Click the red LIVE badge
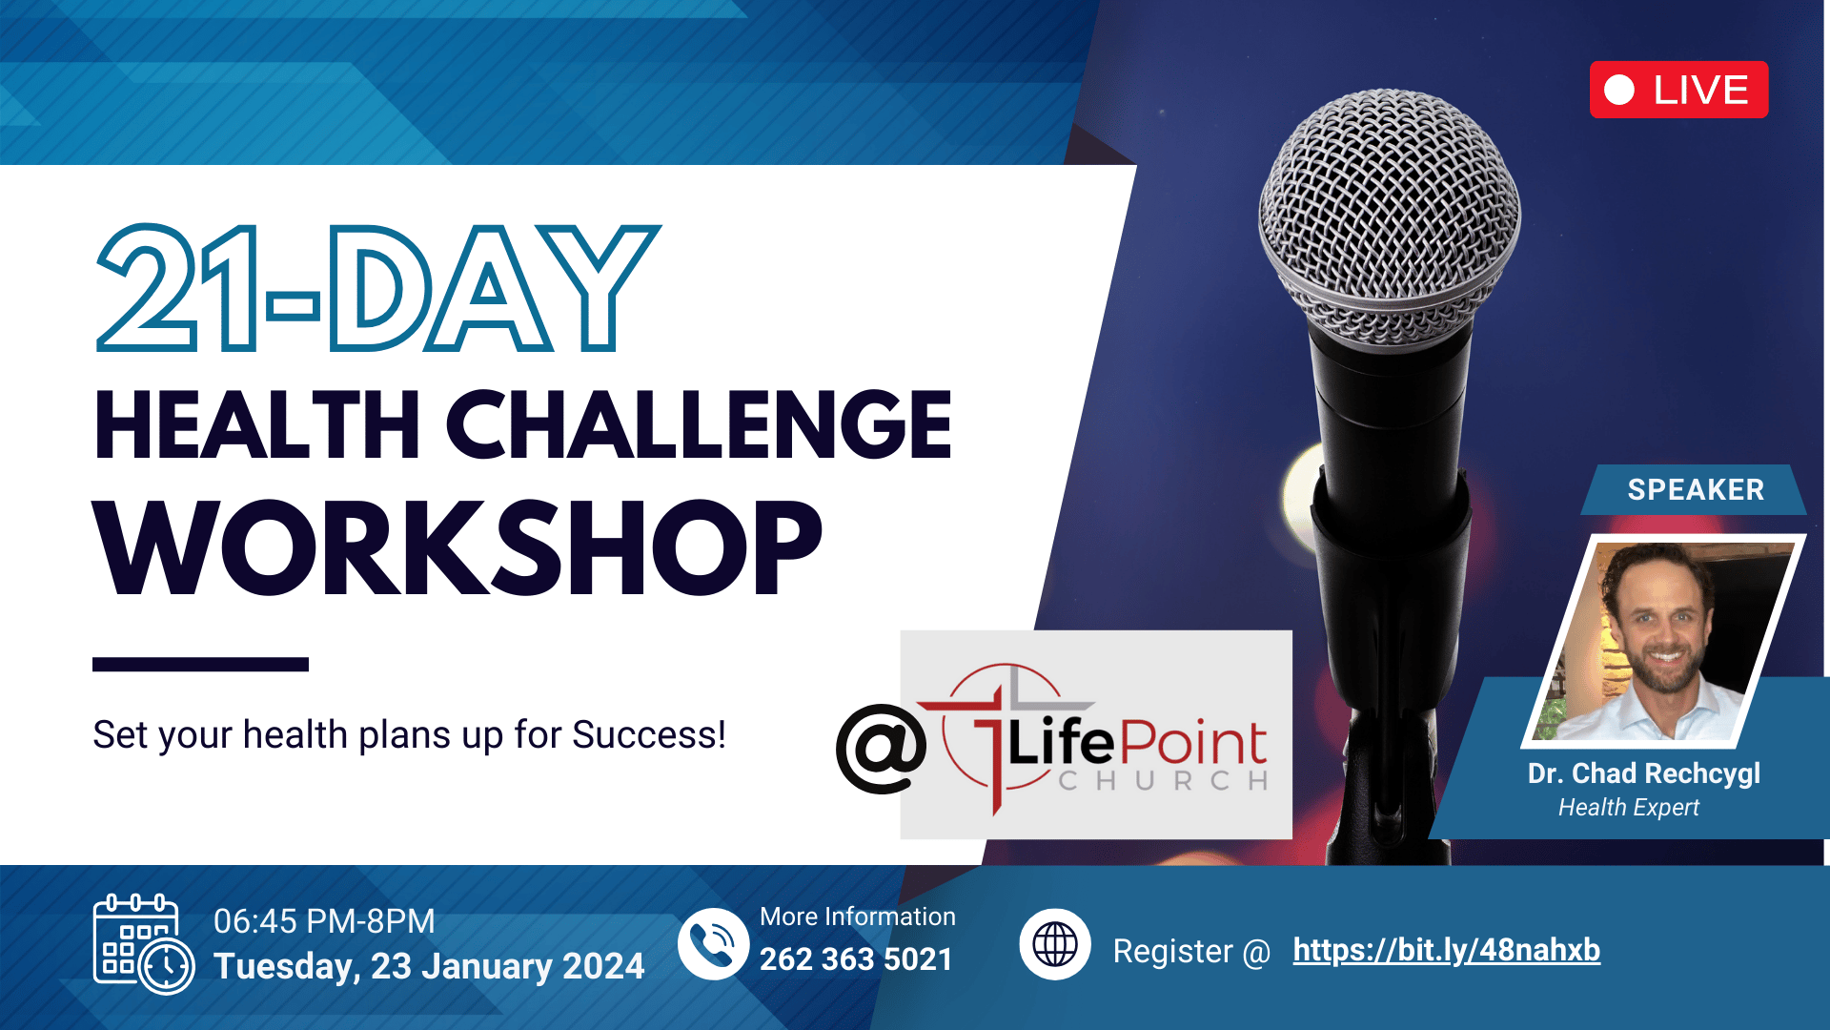pyautogui.click(x=1678, y=90)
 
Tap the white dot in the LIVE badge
pyautogui.click(x=1619, y=90)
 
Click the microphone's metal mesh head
pyautogui.click(x=1390, y=217)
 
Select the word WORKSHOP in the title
pyautogui.click(x=457, y=547)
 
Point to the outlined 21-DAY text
pyautogui.click(x=378, y=288)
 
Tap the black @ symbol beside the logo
pyautogui.click(x=881, y=749)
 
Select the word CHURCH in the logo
pyautogui.click(x=1164, y=781)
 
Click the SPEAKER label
pyautogui.click(x=1696, y=489)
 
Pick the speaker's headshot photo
pyautogui.click(x=1664, y=641)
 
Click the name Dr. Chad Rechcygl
pyautogui.click(x=1644, y=773)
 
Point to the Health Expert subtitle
pyautogui.click(x=1629, y=808)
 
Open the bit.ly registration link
pyautogui.click(x=1447, y=950)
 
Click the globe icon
pyautogui.click(x=1055, y=945)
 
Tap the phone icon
pyautogui.click(x=713, y=944)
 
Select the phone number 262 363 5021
pyautogui.click(x=856, y=959)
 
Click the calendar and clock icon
pyautogui.click(x=144, y=944)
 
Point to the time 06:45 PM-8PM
pyautogui.click(x=324, y=921)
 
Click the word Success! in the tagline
pyautogui.click(x=649, y=735)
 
